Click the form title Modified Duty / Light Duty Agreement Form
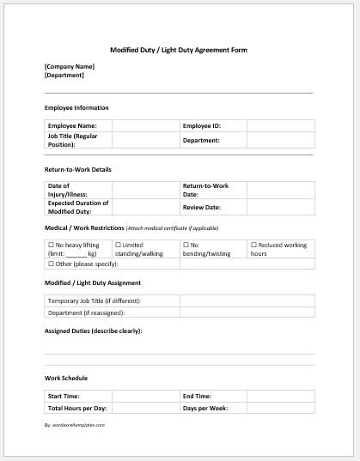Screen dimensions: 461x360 tap(180, 50)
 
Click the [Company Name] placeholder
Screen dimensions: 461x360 tap(70, 66)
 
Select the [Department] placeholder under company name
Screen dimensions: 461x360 tap(64, 75)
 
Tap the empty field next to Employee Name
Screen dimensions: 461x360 tap(145, 126)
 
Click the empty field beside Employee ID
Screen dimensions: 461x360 tap(280, 126)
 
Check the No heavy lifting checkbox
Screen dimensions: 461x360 tap(51, 245)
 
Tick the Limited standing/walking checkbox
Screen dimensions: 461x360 tap(118, 245)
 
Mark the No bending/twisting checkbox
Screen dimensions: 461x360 tap(186, 245)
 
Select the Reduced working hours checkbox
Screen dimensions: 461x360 tap(253, 245)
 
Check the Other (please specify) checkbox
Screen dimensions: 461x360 tap(51, 264)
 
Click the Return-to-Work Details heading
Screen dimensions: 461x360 tap(78, 169)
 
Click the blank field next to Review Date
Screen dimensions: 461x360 tap(280, 207)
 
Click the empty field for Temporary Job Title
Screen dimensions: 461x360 tap(247, 300)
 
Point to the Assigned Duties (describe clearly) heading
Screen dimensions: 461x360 tap(93, 331)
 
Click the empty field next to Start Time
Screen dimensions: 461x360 tap(145, 396)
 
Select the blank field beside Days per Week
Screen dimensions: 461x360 tap(280, 408)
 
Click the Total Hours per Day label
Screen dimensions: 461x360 tap(77, 408)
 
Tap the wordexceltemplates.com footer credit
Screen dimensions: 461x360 tap(75, 425)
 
